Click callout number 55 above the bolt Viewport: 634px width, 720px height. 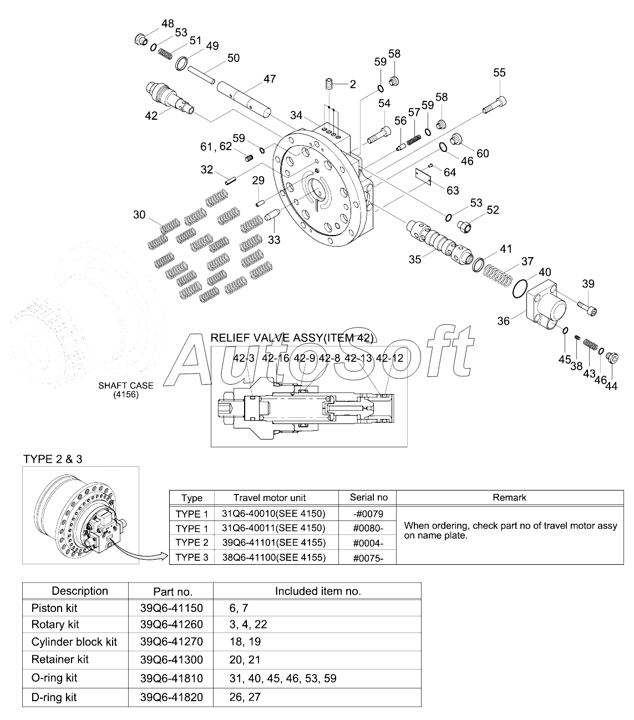click(x=499, y=73)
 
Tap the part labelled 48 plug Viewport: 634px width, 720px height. click(x=141, y=39)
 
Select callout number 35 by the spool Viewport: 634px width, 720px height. click(x=414, y=259)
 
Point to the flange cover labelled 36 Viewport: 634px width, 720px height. click(x=546, y=305)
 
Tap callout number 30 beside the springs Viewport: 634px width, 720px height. click(x=139, y=215)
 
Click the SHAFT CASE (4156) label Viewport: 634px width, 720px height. click(x=126, y=390)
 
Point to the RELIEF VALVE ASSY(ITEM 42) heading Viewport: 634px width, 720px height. click(x=292, y=338)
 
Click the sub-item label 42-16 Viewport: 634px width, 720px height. click(x=276, y=358)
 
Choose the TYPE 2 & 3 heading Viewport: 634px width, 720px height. click(x=53, y=459)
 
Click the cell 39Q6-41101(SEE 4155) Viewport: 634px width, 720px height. click(x=273, y=543)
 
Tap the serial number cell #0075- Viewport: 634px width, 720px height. click(x=368, y=558)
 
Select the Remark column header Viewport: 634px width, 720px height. click(x=509, y=497)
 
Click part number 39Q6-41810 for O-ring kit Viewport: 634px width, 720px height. click(x=171, y=678)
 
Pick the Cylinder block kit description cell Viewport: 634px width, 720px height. click(x=74, y=642)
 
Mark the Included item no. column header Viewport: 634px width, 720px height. click(x=318, y=591)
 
